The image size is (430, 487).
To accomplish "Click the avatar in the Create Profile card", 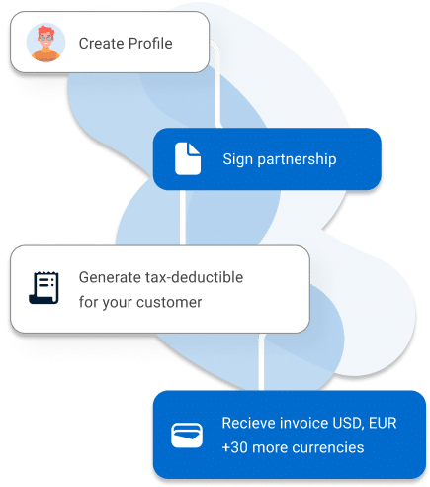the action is click(x=45, y=43).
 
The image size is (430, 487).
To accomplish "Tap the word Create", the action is click(x=102, y=44).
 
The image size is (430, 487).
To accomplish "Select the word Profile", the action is click(x=150, y=44).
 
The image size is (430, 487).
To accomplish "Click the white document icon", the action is click(x=188, y=158).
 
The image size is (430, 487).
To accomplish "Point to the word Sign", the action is click(x=238, y=159).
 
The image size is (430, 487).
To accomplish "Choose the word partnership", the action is click(x=297, y=159).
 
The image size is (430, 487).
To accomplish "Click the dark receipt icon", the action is click(x=43, y=288).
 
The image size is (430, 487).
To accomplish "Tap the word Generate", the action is click(x=110, y=277).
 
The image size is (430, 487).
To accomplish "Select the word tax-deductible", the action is click(x=194, y=277).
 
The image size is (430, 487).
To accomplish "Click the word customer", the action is click(x=169, y=302).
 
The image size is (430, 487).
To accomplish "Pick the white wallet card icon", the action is click(x=187, y=436).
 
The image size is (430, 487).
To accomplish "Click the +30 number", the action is click(x=235, y=447).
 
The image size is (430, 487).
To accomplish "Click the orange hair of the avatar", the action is click(x=45, y=32).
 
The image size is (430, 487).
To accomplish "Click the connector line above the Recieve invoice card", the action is click(x=261, y=362).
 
